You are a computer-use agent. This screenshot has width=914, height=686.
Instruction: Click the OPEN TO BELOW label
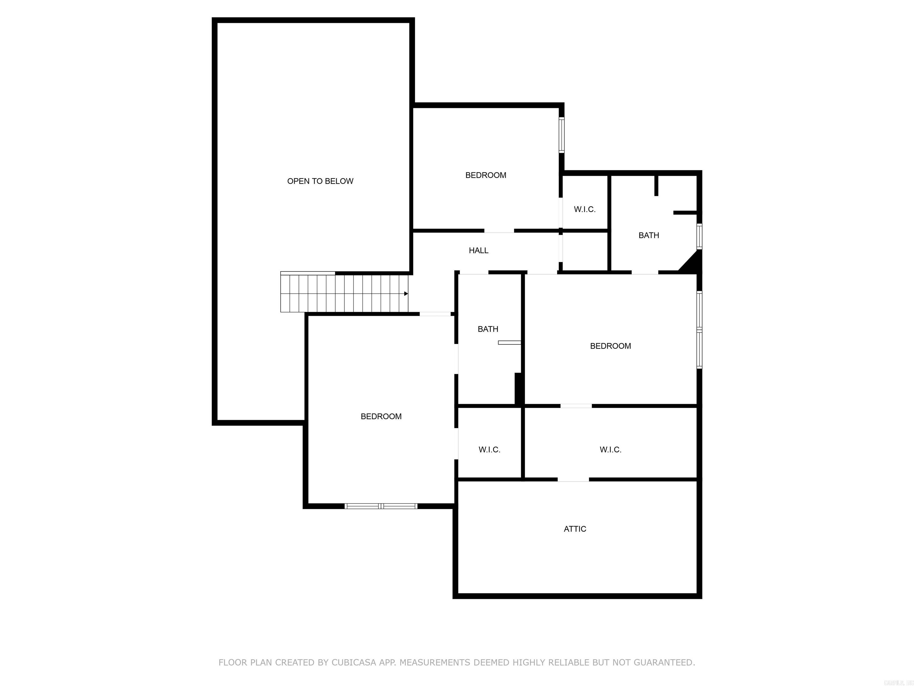point(320,181)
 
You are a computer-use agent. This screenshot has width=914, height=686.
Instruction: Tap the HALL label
point(478,250)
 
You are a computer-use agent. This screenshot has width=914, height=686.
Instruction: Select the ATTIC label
point(575,529)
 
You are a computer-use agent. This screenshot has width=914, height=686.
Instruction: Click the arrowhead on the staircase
point(406,294)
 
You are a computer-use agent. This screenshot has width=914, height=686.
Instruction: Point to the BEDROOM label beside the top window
point(486,175)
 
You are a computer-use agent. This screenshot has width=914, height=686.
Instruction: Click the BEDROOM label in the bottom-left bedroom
point(381,417)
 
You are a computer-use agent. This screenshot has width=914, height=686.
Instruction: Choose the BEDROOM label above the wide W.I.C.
point(610,346)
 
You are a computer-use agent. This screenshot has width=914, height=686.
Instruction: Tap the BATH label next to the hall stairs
point(488,329)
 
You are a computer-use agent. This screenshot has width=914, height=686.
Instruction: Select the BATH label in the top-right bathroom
point(649,235)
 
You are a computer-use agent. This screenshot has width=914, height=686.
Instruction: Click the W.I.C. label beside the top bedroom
point(585,210)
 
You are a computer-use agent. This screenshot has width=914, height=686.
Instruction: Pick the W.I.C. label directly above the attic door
point(610,450)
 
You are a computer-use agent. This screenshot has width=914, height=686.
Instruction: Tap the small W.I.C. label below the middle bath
point(489,450)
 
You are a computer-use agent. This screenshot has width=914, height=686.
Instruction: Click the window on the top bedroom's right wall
point(561,135)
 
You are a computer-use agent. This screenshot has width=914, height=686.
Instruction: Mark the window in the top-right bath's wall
point(699,236)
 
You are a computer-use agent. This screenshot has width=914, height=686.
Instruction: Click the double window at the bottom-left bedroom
point(381,506)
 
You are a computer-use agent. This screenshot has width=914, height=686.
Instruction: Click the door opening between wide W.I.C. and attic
point(573,480)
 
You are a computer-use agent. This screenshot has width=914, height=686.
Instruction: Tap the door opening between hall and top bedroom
point(499,230)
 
